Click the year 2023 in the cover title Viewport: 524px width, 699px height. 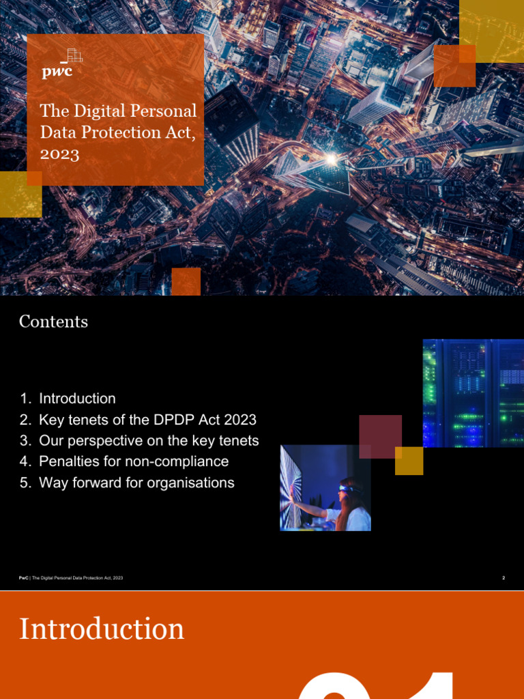click(59, 154)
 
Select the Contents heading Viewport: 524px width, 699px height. click(53, 322)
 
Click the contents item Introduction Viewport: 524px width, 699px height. click(77, 398)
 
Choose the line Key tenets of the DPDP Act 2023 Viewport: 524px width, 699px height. click(147, 419)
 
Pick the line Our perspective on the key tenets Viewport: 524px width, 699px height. click(149, 440)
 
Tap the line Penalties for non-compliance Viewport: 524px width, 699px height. click(134, 461)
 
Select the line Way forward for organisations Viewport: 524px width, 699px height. click(136, 483)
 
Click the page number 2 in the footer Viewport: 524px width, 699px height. click(503, 578)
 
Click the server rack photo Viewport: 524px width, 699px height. click(473, 393)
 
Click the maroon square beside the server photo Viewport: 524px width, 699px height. click(380, 436)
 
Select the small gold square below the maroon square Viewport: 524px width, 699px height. click(409, 461)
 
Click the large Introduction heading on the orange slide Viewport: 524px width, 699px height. click(102, 629)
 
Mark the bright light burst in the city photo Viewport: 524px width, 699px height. click(332, 158)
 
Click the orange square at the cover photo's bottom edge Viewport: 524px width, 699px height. click(186, 281)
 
